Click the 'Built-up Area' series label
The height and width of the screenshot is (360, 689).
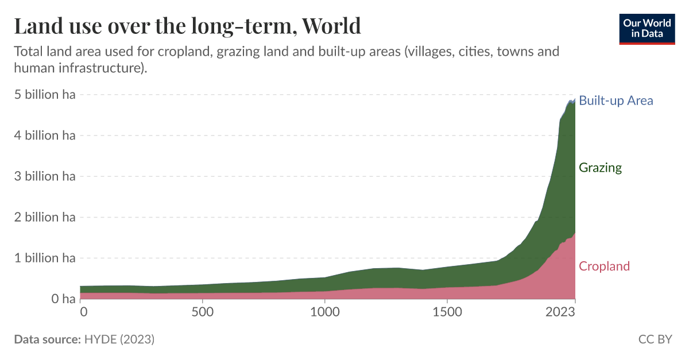coord(616,100)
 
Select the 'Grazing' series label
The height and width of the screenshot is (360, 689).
coord(600,168)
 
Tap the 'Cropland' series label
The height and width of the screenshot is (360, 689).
coord(604,266)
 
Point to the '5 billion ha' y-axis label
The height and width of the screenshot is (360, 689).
coord(45,95)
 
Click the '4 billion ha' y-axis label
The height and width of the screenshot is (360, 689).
coord(45,136)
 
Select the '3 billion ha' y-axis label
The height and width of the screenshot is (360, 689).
coord(45,176)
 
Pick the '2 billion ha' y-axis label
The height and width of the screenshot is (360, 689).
coord(45,217)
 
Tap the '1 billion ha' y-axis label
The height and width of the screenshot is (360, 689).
coord(45,258)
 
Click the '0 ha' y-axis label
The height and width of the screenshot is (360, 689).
coord(60,299)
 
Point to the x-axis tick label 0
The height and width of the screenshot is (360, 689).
coord(84,312)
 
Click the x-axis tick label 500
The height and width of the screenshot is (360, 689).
coord(202,312)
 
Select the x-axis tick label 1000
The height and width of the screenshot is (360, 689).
coord(325,312)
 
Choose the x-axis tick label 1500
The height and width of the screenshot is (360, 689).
coord(447,312)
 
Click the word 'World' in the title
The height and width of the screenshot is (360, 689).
coord(331,26)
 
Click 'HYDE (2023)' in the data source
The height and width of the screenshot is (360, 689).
coord(119,339)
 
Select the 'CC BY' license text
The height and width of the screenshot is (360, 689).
coord(655,339)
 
